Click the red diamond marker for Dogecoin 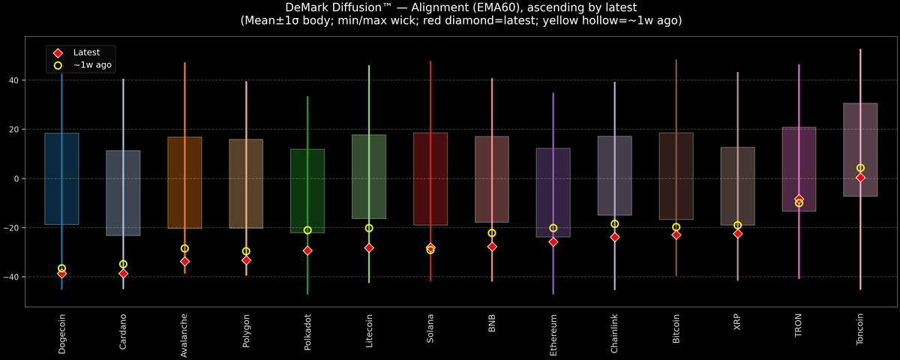coord(61,274)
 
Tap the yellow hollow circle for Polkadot coord(307,230)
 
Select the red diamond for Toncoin coord(860,178)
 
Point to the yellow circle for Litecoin coord(369,228)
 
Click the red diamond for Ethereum coord(553,241)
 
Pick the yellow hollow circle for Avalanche coord(184,248)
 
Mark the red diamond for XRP coord(738,234)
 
